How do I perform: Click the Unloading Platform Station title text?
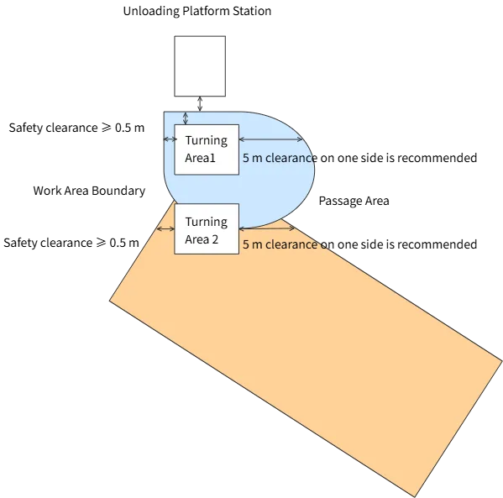pyautogui.click(x=197, y=11)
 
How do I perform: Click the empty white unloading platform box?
pyautogui.click(x=200, y=66)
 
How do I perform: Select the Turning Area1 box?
pyautogui.click(x=207, y=149)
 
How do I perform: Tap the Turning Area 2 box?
pyautogui.click(x=207, y=228)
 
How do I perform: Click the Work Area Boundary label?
pyautogui.click(x=89, y=191)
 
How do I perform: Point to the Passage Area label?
pyautogui.click(x=354, y=202)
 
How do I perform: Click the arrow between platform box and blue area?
pyautogui.click(x=200, y=104)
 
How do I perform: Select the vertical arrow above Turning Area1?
pyautogui.click(x=185, y=118)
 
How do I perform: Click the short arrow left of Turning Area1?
pyautogui.click(x=170, y=139)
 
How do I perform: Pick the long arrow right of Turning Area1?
pyautogui.click(x=271, y=139)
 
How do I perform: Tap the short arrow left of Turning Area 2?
pyautogui.click(x=165, y=228)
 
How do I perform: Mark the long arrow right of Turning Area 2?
pyautogui.click(x=267, y=228)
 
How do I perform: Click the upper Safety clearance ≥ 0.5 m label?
pyautogui.click(x=76, y=128)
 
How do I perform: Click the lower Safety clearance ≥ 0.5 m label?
pyautogui.click(x=71, y=243)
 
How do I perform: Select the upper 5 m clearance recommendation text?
pyautogui.click(x=359, y=158)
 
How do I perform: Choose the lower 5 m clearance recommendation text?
pyautogui.click(x=359, y=244)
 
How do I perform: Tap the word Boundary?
pyautogui.click(x=118, y=191)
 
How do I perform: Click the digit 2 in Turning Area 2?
pyautogui.click(x=215, y=239)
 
